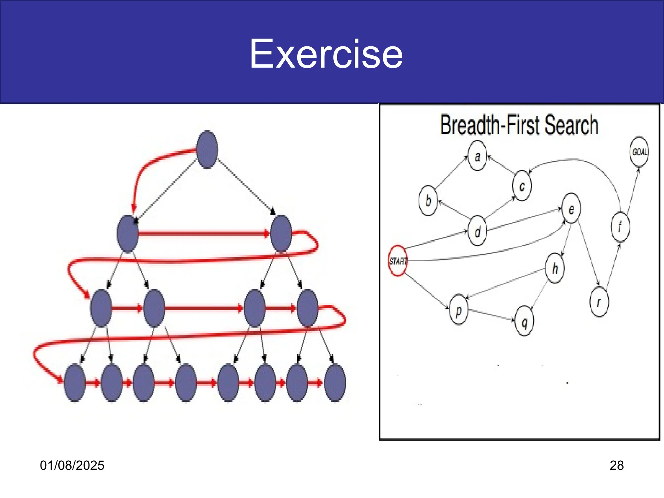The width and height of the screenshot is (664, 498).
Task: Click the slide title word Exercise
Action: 326,54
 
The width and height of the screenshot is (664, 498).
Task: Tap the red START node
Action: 398,261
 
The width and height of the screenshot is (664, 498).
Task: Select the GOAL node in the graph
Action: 639,152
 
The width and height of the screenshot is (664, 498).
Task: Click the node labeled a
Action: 477,156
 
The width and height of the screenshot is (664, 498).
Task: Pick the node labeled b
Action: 428,201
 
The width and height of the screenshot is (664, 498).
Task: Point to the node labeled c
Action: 522,186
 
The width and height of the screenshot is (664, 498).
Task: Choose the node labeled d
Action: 477,231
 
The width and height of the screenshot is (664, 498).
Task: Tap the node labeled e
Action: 571,208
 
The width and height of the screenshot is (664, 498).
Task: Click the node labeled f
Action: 620,227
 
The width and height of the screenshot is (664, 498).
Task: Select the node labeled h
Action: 555,268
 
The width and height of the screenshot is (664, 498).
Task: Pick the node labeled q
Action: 524,321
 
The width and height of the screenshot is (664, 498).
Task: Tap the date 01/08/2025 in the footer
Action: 72,466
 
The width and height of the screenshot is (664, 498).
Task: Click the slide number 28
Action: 616,466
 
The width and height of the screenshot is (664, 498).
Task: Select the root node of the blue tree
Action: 207,149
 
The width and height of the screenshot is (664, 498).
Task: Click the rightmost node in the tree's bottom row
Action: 335,383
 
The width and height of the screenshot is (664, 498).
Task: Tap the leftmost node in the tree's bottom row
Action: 75,383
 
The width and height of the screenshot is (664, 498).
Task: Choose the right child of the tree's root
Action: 281,233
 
